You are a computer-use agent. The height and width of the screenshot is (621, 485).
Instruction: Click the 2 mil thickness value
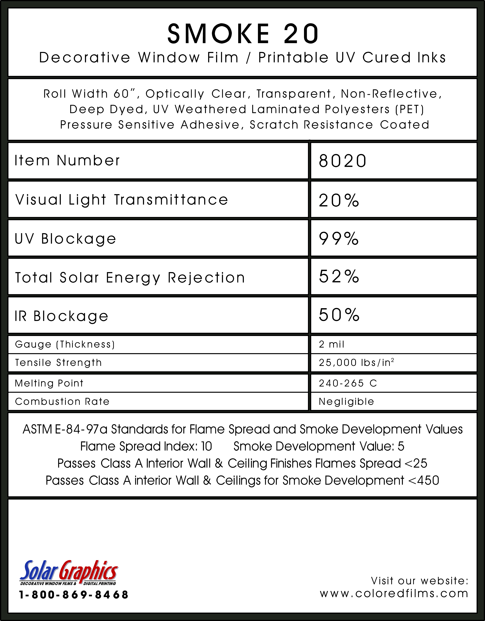[331, 344]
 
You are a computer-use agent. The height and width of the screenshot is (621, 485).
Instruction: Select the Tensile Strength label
[58, 363]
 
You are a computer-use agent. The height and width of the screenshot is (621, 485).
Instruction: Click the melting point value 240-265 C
[348, 383]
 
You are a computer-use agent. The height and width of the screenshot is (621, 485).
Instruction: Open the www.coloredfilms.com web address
[394, 594]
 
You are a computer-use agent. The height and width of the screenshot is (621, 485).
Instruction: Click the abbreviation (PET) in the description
[410, 109]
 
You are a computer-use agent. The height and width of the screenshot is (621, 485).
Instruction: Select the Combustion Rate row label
[62, 402]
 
